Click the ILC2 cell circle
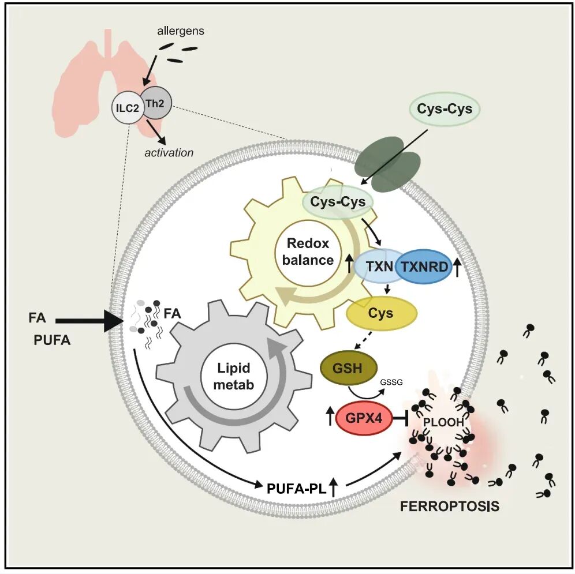127,108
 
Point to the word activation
169,153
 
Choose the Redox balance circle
308,252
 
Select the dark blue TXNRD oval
424,267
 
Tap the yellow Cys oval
381,313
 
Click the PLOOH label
443,422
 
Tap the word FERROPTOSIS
449,507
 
